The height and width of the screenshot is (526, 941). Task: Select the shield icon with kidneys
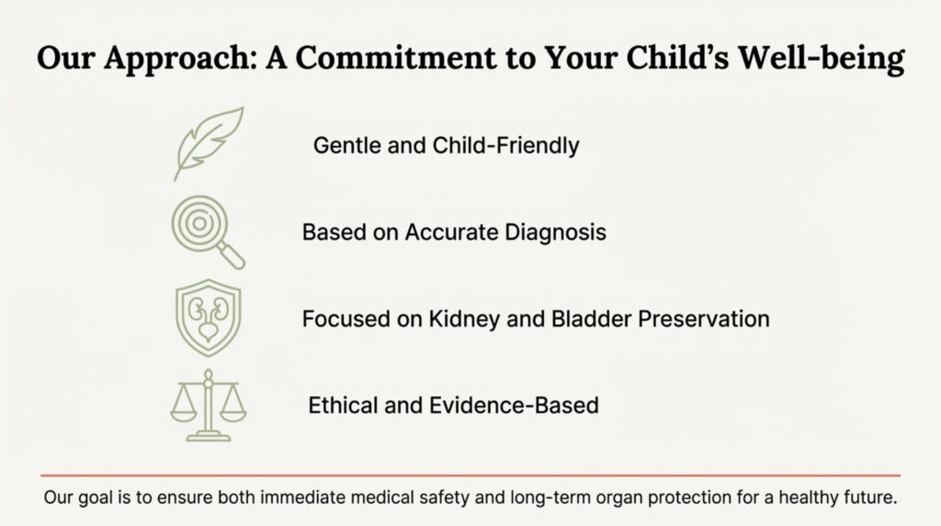pyautogui.click(x=209, y=317)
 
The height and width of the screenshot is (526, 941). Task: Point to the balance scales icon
pyautogui.click(x=209, y=406)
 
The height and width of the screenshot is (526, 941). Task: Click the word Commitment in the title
pyautogui.click(x=396, y=58)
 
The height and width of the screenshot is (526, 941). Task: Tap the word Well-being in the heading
pyautogui.click(x=821, y=58)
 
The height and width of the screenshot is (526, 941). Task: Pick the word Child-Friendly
pyautogui.click(x=506, y=145)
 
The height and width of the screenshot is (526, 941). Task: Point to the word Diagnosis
pyautogui.click(x=555, y=233)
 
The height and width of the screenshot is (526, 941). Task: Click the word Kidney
pyautogui.click(x=464, y=319)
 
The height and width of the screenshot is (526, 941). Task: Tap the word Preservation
pyautogui.click(x=703, y=319)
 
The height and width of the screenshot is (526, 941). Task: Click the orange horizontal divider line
pyautogui.click(x=470, y=475)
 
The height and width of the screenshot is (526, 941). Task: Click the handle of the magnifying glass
pyautogui.click(x=231, y=256)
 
